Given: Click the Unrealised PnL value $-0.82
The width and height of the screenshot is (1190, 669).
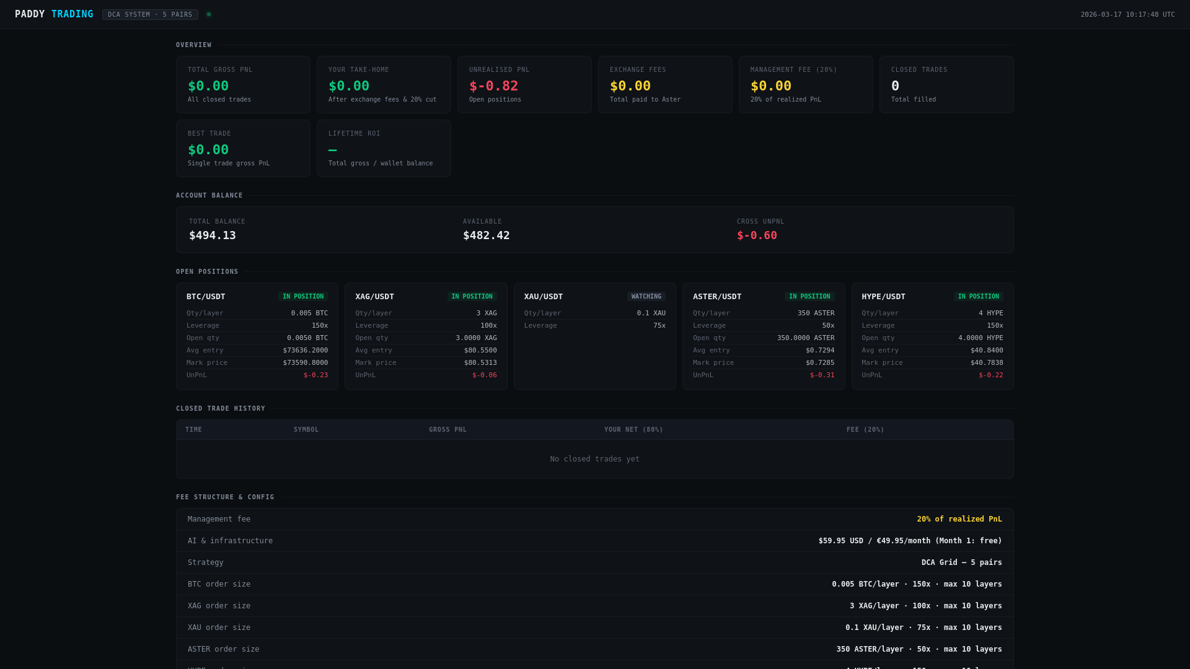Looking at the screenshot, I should pyautogui.click(x=493, y=86).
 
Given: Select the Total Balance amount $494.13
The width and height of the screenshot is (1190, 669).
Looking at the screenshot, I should pyautogui.click(x=213, y=235).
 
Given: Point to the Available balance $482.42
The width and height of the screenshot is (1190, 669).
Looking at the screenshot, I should pyautogui.click(x=487, y=235).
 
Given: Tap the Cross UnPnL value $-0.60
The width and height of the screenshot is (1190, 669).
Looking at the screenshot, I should pyautogui.click(x=757, y=235).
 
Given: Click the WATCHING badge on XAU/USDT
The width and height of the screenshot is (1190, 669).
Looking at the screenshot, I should pyautogui.click(x=646, y=297).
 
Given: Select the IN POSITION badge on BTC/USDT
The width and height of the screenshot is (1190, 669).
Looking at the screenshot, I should pyautogui.click(x=303, y=297).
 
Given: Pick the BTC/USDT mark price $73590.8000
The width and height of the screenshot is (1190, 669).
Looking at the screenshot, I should pyautogui.click(x=306, y=363).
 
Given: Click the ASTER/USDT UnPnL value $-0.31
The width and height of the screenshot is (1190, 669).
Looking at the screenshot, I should pyautogui.click(x=822, y=375).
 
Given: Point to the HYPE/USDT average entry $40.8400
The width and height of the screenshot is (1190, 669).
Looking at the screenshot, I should pyautogui.click(x=987, y=351).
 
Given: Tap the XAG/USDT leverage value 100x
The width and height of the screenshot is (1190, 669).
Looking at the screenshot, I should pyautogui.click(x=488, y=326).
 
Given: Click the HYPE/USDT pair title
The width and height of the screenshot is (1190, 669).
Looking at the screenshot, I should pyautogui.click(x=883, y=297).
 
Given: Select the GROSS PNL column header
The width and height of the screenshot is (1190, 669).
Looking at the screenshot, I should pyautogui.click(x=447, y=430).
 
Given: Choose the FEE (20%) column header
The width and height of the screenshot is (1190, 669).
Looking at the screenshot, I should pyautogui.click(x=865, y=430).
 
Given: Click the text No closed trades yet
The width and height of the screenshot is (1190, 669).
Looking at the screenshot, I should pyautogui.click(x=594, y=459).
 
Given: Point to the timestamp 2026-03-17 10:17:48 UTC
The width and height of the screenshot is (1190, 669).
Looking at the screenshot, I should pyautogui.click(x=1127, y=15).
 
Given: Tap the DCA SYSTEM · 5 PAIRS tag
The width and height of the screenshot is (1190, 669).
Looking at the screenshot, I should pyautogui.click(x=150, y=15).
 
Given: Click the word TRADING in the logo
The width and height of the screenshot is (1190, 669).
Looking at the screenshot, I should pyautogui.click(x=72, y=14).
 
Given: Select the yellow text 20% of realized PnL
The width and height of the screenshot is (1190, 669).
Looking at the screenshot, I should pyautogui.click(x=959, y=519).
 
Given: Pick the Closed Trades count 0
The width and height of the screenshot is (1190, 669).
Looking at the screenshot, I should pyautogui.click(x=895, y=86).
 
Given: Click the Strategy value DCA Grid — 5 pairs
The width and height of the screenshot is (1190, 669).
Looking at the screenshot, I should pyautogui.click(x=961, y=562).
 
